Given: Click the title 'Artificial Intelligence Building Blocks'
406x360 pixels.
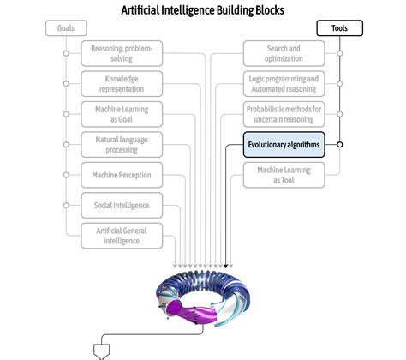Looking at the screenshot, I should coord(203,10).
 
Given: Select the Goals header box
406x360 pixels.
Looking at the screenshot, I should coord(66,28).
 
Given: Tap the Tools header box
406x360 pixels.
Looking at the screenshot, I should coord(339,28).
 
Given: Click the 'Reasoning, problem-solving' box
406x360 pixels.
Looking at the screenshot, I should coord(122,54).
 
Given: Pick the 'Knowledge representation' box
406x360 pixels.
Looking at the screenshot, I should coord(122,84).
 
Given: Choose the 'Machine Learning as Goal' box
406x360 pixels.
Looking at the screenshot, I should coord(122,114).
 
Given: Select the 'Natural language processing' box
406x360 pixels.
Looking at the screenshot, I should coord(122,144).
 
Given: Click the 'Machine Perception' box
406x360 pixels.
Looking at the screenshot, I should coord(122,175).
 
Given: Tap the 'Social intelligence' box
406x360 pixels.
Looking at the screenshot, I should coord(122,205).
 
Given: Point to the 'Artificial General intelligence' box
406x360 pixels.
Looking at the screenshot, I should coord(122,235).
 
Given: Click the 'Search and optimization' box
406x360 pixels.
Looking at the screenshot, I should coord(284,54).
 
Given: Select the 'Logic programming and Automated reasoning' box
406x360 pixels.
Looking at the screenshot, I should coord(284,84).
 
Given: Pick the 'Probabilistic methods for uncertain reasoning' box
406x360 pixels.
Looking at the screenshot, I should coord(284,114).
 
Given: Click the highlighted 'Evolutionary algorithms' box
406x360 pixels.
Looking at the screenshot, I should coord(284,145).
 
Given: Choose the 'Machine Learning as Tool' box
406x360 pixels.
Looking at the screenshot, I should coord(284,175).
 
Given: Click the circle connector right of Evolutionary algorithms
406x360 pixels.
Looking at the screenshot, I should coord(340,145).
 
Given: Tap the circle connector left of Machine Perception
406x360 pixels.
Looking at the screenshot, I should coord(66,175).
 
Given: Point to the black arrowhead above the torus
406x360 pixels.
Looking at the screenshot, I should coord(225,265).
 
